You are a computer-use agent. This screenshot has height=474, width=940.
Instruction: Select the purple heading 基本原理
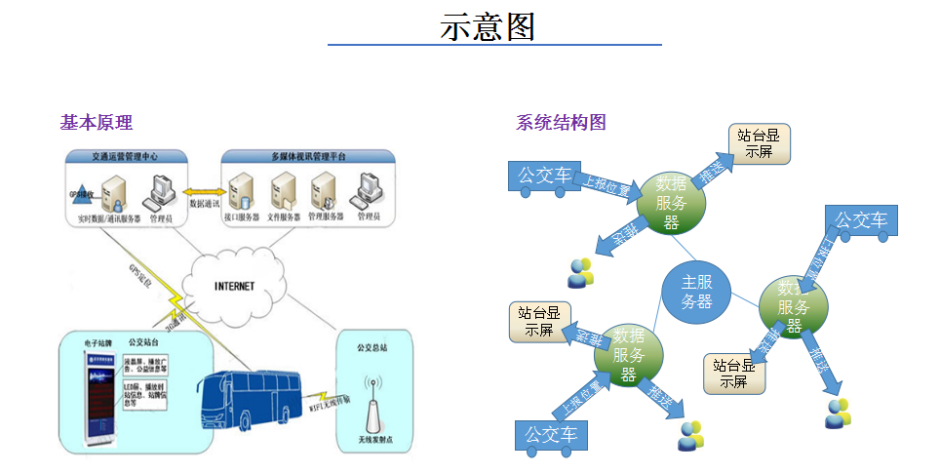(96, 123)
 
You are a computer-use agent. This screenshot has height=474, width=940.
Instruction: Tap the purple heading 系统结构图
(561, 123)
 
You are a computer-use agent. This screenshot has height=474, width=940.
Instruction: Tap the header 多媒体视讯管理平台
(307, 156)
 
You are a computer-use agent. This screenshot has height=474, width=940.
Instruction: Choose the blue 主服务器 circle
(696, 292)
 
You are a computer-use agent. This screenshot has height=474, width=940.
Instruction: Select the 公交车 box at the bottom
(552, 433)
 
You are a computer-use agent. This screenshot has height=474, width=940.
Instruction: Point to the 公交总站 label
(372, 346)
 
